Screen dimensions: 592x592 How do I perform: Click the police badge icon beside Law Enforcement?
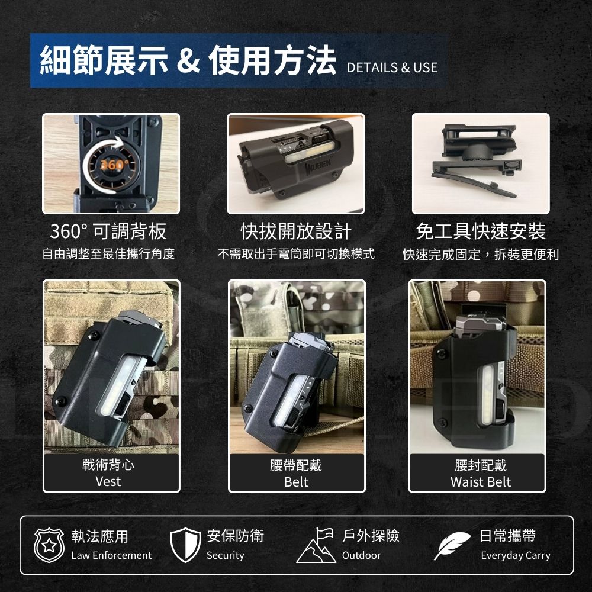tap(49, 545)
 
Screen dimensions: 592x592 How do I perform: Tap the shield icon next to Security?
tap(185, 545)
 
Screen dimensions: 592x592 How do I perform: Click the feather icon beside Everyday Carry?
tap(452, 546)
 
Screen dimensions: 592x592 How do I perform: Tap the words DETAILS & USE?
tap(392, 67)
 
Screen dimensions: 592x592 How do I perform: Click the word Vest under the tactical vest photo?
tap(108, 481)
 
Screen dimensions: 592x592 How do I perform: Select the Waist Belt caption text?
tap(481, 482)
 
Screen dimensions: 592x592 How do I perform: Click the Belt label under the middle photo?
tap(296, 482)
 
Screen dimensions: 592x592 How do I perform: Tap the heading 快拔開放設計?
tap(296, 231)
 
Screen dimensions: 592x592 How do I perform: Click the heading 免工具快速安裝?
tap(481, 231)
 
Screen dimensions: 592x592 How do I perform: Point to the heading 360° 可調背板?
tap(108, 231)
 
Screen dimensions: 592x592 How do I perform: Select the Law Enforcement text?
tap(111, 555)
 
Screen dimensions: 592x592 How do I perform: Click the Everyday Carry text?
tap(516, 556)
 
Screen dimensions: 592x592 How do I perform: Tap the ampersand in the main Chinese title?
tap(188, 60)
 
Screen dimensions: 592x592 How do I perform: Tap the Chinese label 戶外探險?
tap(371, 536)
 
